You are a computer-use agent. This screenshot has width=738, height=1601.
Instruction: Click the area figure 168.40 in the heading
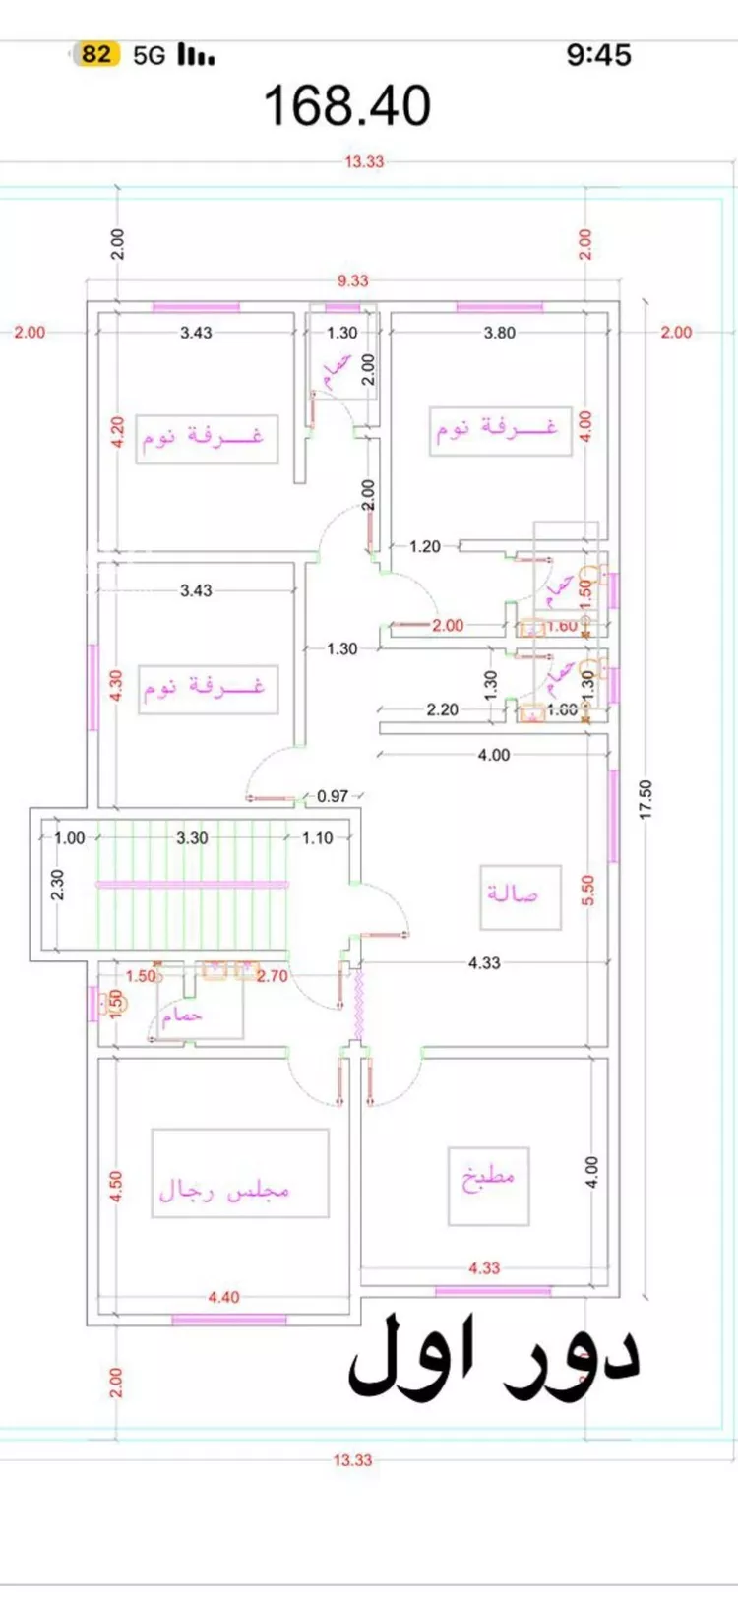coord(347,106)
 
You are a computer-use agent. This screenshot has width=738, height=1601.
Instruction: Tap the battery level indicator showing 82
coord(96,54)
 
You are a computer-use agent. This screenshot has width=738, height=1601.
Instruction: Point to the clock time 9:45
coord(598,55)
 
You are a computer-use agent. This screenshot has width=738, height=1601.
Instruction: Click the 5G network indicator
coord(150,55)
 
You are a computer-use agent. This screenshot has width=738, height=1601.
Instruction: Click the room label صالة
coord(514,893)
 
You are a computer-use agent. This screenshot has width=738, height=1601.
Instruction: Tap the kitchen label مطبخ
coord(489,1177)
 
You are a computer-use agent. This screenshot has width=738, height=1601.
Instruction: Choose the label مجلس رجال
coord(225,1190)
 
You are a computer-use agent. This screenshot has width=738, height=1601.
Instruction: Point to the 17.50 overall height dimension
coord(646,799)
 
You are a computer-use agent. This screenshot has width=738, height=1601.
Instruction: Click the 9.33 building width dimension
coord(352,281)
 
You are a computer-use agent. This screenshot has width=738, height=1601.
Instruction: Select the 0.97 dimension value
coord(333,796)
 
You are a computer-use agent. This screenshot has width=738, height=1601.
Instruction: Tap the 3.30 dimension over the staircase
coord(192,838)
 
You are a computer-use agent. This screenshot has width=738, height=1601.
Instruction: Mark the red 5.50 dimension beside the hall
coord(588,891)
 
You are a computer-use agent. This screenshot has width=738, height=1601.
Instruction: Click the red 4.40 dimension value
coord(223,1297)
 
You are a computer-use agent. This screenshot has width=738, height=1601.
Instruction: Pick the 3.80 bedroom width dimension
coord(499,333)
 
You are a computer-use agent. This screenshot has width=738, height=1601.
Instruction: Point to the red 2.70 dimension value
coord(273,976)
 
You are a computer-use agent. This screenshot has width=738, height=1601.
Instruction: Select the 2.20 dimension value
coord(442,709)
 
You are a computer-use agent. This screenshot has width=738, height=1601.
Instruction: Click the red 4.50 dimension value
coord(116,1186)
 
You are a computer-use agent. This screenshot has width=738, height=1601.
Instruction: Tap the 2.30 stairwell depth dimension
coord(57,884)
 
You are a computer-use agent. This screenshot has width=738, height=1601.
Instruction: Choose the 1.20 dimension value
coord(425,546)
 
